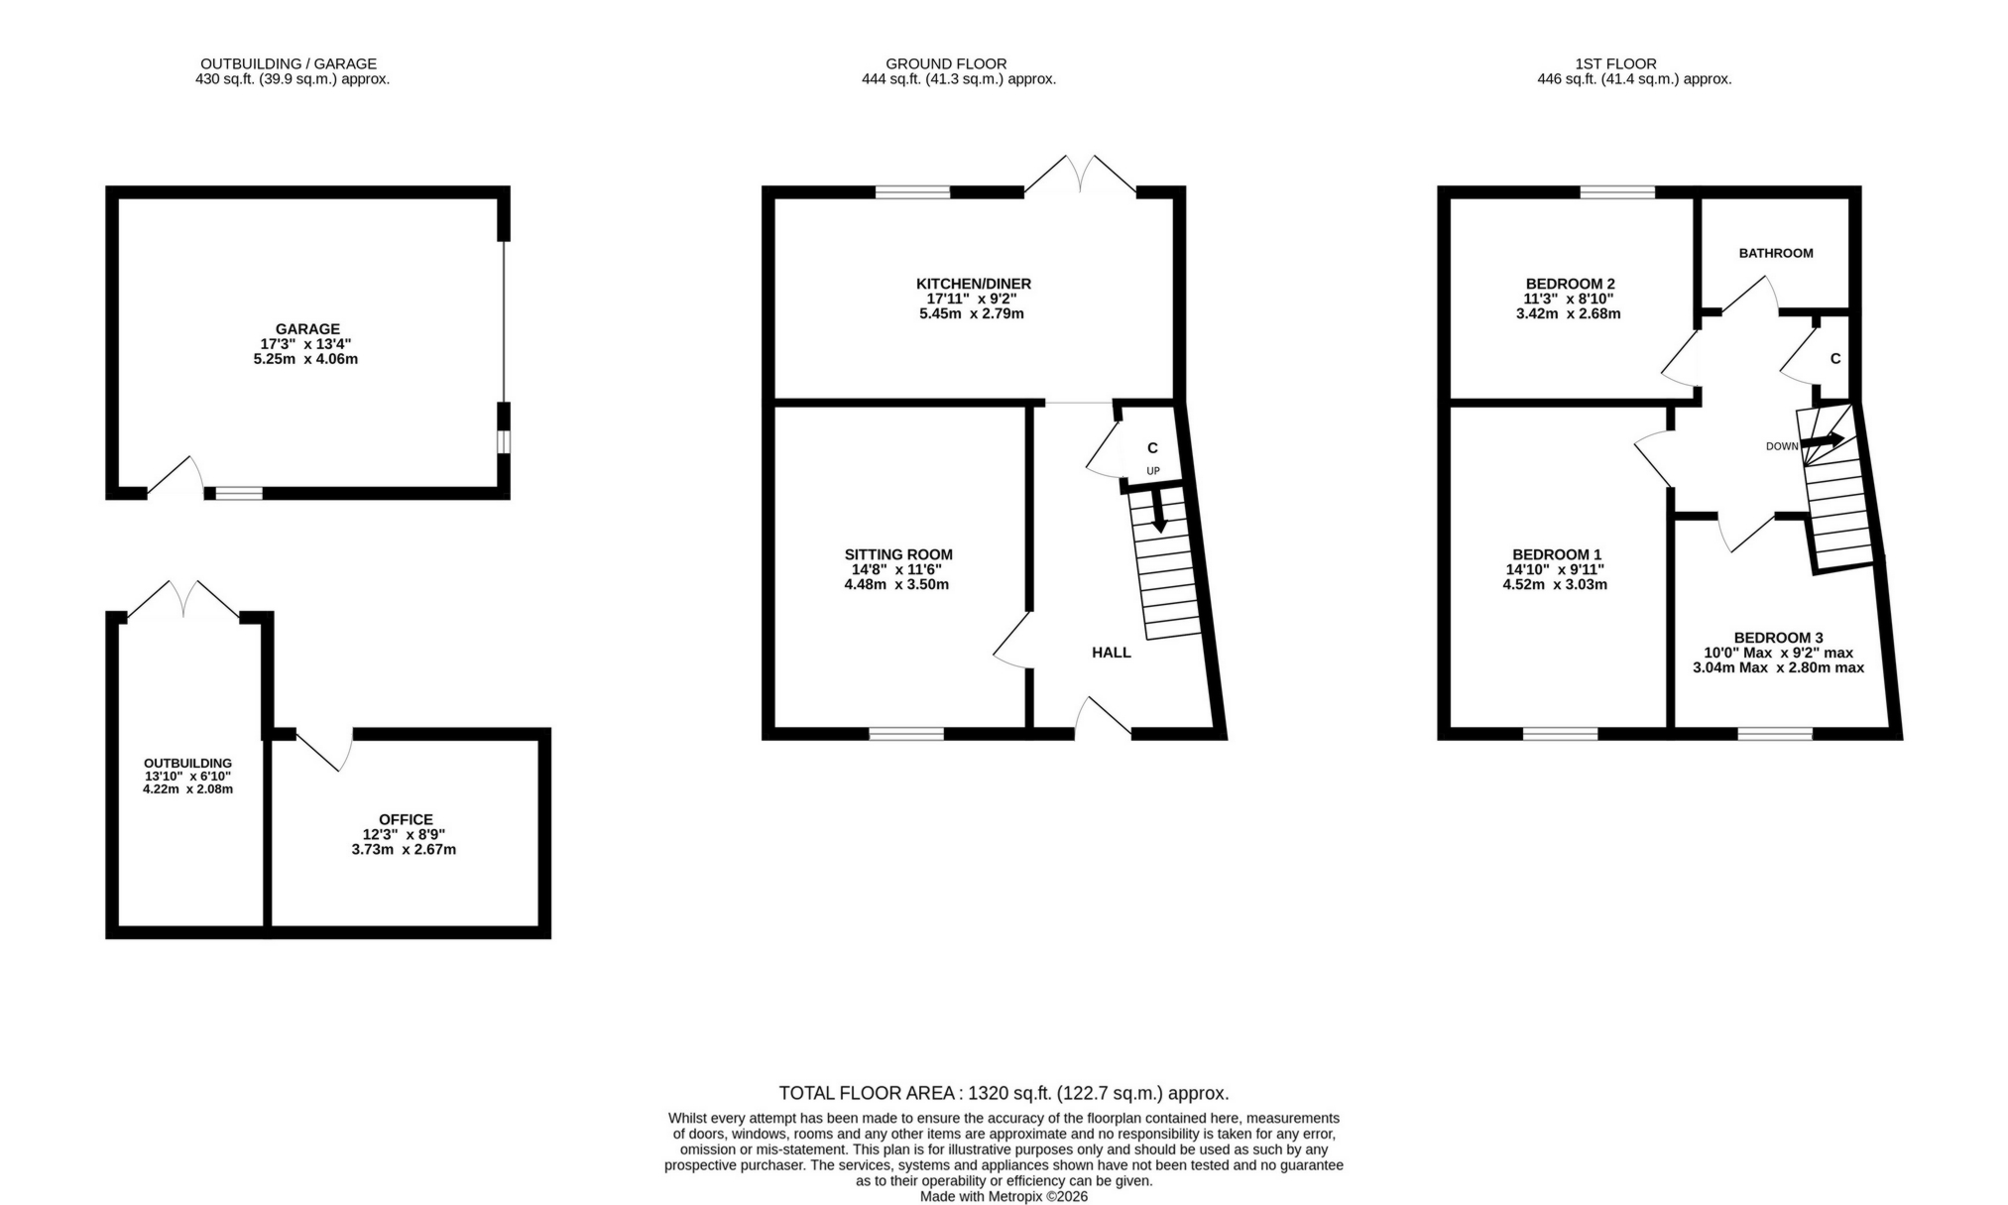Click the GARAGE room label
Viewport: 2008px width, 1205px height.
click(307, 329)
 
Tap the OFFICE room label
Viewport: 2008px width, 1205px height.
click(406, 819)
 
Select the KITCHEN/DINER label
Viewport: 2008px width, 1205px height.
click(973, 284)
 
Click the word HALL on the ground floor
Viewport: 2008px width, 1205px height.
click(1111, 653)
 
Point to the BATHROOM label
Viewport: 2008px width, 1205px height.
click(1775, 253)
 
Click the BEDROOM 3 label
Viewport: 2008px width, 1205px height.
click(1778, 638)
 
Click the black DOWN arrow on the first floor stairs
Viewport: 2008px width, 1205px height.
click(1823, 439)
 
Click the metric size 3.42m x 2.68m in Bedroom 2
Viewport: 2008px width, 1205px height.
click(1568, 313)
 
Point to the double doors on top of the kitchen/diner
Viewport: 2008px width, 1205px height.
click(1080, 175)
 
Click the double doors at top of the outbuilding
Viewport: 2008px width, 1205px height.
click(183, 599)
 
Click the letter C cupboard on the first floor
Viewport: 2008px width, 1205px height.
click(1834, 359)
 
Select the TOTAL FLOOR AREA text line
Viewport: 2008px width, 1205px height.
click(1004, 1093)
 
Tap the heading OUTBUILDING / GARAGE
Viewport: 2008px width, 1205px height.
click(289, 63)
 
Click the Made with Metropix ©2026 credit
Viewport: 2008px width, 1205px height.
click(1004, 1196)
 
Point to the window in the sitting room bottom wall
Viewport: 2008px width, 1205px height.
click(905, 734)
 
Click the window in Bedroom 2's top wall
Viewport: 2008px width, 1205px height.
click(1616, 192)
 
